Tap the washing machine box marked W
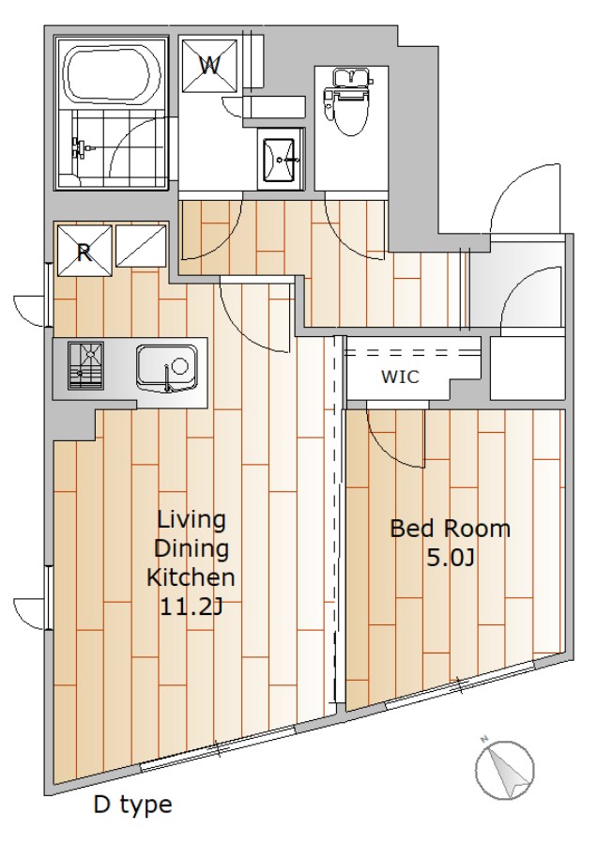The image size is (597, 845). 209,65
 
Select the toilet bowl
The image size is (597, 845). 351,108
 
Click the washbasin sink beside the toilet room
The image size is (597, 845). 280,159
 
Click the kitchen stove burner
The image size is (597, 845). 85,365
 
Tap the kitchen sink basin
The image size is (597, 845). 166,368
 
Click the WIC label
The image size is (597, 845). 400,376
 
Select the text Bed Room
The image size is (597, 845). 450,529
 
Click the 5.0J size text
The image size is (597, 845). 451,559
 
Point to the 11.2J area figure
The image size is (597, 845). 191,607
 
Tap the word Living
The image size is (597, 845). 191,521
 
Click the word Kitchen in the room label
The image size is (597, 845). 191,577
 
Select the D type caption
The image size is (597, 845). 133,806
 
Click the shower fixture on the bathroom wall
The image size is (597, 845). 78,146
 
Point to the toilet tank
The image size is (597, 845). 351,78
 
